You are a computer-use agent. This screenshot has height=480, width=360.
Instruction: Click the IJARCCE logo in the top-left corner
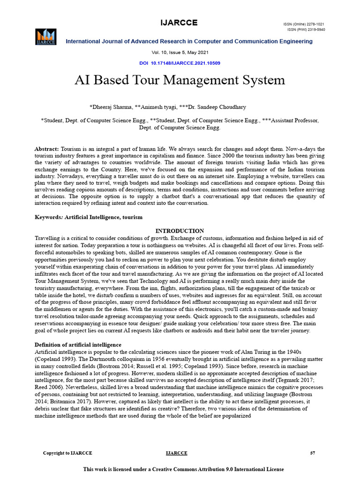45,37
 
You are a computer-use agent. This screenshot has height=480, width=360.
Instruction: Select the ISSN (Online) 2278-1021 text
304,24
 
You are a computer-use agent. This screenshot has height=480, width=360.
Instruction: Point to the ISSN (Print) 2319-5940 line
306,30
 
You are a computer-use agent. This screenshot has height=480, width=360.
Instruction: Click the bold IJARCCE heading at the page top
180,23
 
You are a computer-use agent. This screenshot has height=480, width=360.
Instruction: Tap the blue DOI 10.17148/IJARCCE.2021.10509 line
180,63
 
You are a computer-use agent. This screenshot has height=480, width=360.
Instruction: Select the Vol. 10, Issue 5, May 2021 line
180,52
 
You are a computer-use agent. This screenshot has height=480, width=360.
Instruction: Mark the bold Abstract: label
47,149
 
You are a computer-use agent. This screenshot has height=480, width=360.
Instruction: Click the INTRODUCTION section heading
180,231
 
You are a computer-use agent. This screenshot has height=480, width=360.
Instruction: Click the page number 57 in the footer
313,453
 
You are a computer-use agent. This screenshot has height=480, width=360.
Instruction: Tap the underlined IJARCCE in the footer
177,453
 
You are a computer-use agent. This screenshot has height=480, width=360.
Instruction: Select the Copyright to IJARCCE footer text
67,453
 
